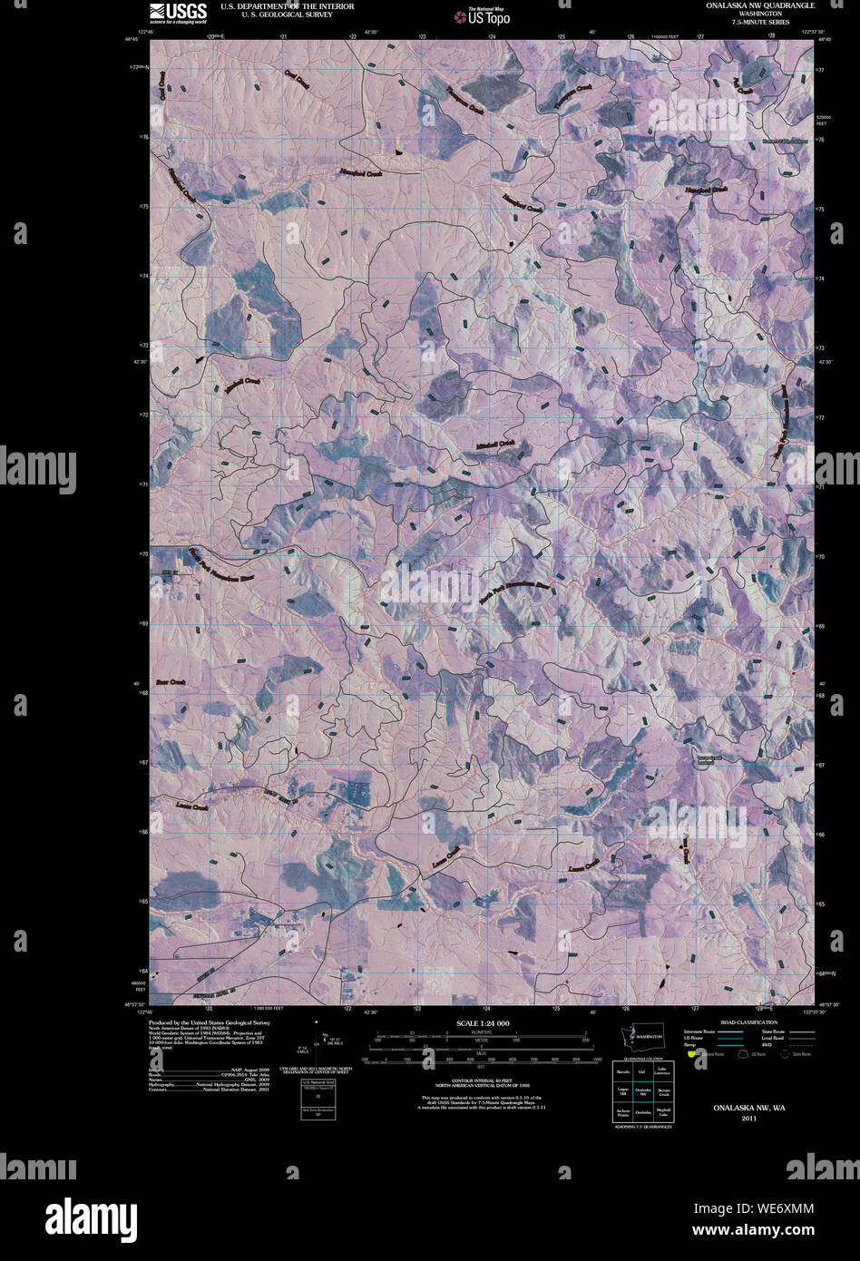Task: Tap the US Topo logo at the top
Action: pos(483,15)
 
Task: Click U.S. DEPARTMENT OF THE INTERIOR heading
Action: pos(274,5)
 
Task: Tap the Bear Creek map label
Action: pos(171,681)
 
